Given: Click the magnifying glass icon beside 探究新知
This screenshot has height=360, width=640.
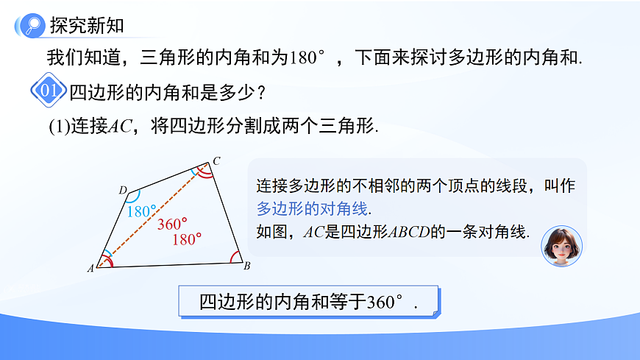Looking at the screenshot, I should point(32,26).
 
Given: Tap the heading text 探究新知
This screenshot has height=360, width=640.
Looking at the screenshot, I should point(87,26).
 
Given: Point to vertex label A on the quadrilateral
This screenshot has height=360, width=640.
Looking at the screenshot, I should point(90,269).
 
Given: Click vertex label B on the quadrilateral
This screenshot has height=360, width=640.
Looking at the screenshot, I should point(247,266).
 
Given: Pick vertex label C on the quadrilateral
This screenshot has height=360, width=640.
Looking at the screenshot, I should point(216,160).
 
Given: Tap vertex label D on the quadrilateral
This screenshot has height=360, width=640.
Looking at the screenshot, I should point(122,190).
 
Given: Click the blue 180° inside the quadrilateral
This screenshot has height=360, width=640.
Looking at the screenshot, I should point(141,211).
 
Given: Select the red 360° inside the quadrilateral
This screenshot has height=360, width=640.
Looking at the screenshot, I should point(172,224).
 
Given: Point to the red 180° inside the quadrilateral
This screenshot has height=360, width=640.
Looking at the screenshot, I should point(187,239).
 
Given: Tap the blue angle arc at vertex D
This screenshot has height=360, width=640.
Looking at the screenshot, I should point(133,197).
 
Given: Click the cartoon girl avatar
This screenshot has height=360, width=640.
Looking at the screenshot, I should point(561,246).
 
